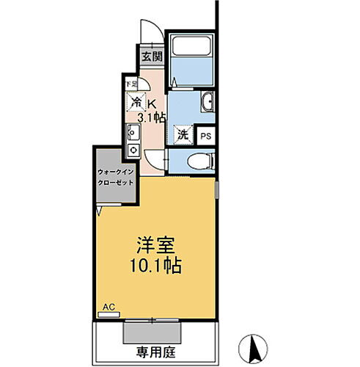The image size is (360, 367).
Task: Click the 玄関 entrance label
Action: point(152,57)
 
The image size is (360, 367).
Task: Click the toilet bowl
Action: point(199,160)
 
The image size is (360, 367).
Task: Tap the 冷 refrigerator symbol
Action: point(136,103)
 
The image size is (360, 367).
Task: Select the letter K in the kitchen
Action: point(153,103)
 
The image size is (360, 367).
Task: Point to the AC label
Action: point(109,308)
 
